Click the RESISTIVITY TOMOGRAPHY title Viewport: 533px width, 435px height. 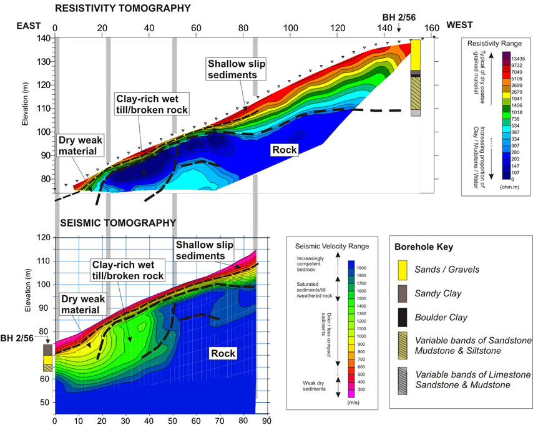[x=122, y=8]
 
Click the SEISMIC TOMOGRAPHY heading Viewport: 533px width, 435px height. [x=118, y=222]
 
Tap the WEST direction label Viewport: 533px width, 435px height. [x=460, y=27]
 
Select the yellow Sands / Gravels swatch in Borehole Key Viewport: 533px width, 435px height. [x=406, y=269]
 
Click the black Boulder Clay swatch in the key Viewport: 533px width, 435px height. [x=406, y=324]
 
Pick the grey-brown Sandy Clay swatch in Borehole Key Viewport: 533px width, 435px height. [x=406, y=296]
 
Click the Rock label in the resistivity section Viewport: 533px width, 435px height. [x=284, y=150]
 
